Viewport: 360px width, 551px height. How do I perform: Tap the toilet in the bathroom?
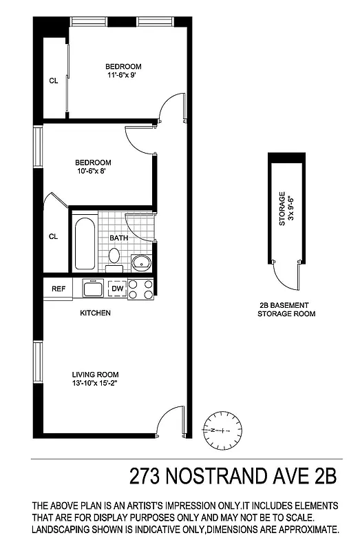pos(115,256)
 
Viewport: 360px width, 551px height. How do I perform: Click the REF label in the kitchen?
pos(59,289)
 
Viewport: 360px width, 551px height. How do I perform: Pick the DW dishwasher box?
pos(118,289)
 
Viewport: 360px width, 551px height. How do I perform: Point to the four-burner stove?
pos(141,289)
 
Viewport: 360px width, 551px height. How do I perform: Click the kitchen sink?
pos(93,288)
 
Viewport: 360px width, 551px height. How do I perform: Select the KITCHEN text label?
pos(95,313)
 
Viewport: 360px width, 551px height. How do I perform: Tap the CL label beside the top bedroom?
pos(53,81)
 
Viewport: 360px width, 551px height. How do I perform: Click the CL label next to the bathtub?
pos(53,236)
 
